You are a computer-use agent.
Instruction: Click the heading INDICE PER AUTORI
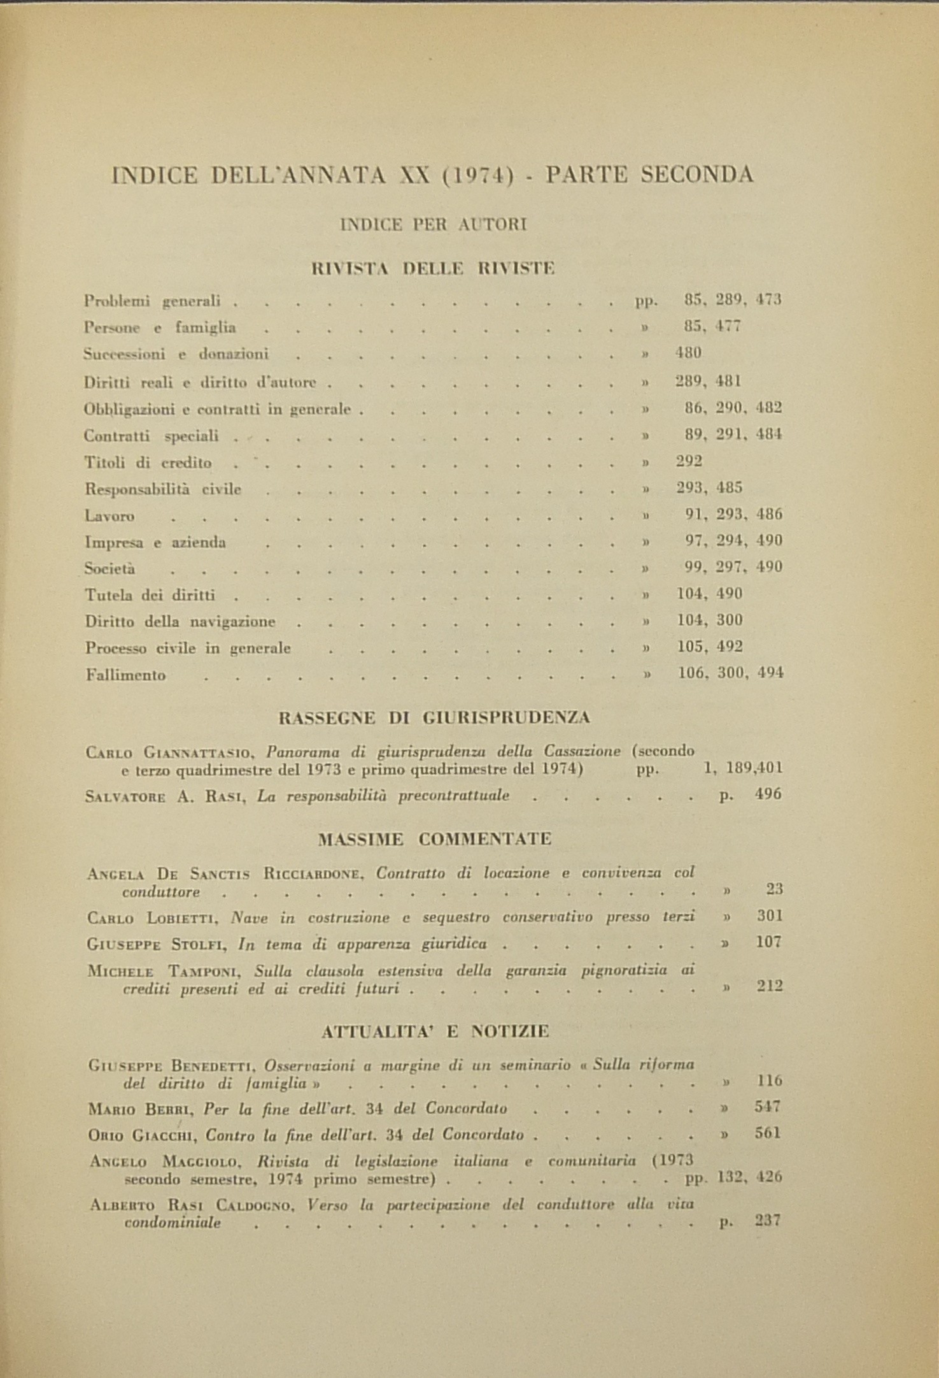pyautogui.click(x=434, y=224)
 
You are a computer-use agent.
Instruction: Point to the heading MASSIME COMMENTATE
pyautogui.click(x=434, y=839)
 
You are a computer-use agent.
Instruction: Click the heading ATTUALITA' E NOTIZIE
pyautogui.click(x=435, y=1031)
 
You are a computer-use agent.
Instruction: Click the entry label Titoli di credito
pyautogui.click(x=148, y=463)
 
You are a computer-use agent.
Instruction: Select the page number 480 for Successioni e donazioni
pyautogui.click(x=688, y=353)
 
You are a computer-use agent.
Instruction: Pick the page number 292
pyautogui.click(x=688, y=461)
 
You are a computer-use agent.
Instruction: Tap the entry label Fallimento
pyautogui.click(x=125, y=675)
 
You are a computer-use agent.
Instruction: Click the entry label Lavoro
pyautogui.click(x=109, y=515)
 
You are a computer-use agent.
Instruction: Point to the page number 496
pyautogui.click(x=768, y=794)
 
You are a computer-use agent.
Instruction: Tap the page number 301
pyautogui.click(x=769, y=916)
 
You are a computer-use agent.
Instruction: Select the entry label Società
pyautogui.click(x=109, y=568)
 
